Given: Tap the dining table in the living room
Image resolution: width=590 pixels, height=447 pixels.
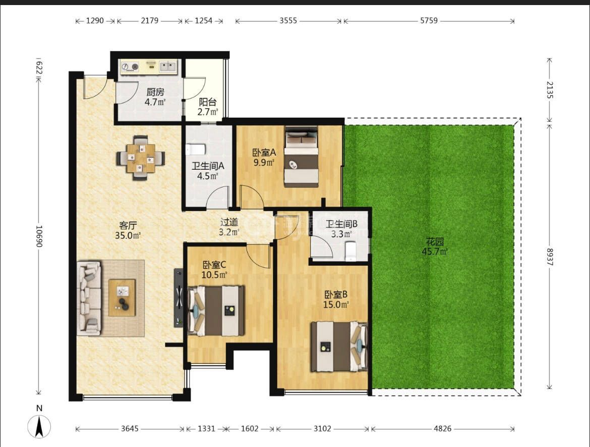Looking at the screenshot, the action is (x=141, y=158).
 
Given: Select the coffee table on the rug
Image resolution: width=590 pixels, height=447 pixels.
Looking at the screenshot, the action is (x=122, y=297).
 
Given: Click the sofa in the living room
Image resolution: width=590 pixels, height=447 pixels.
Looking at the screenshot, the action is (x=89, y=298).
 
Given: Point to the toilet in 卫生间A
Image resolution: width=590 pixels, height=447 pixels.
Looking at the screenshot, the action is (x=195, y=149).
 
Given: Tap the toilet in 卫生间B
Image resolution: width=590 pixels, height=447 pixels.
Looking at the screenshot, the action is (x=350, y=251).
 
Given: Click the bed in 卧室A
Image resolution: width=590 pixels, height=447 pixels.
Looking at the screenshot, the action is (x=301, y=157).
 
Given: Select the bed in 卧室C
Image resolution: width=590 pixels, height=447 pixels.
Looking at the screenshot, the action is (x=216, y=311).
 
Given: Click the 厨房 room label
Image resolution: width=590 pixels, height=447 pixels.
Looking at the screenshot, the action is (x=155, y=91).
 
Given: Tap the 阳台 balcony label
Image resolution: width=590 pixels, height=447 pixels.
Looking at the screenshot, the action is (x=208, y=102).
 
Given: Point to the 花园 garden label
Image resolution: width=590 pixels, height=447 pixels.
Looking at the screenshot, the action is (x=435, y=241).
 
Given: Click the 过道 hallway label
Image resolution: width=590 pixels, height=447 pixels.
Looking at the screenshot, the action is (x=229, y=222).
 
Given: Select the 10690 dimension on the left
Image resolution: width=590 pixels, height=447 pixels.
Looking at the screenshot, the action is (x=39, y=236).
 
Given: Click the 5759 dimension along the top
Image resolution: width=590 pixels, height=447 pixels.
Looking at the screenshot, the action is (x=429, y=21).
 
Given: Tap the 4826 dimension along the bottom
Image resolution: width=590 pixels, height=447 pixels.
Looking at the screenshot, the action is (x=443, y=428).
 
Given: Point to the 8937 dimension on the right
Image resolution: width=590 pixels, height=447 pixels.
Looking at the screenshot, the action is (x=550, y=257).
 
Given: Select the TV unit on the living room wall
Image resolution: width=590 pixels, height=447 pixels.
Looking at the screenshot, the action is (x=179, y=297).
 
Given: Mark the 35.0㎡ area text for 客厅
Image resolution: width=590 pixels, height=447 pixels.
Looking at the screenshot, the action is (x=128, y=235).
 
